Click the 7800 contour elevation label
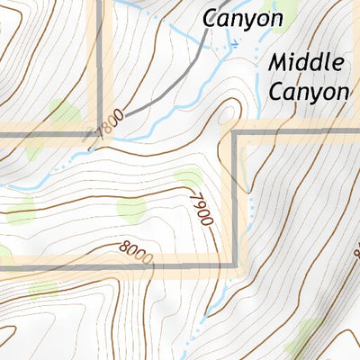pyautogui.click(x=108, y=123)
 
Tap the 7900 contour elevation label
pyautogui.click(x=199, y=207)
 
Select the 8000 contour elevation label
pyautogui.click(x=135, y=251)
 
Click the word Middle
pyautogui.click(x=306, y=63)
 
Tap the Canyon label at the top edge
pyautogui.click(x=242, y=17)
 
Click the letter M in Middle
pyautogui.click(x=278, y=63)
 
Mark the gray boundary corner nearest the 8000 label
pyautogui.click(x=238, y=265)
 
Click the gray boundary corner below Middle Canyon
pyautogui.click(x=238, y=135)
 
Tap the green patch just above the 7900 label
pyautogui.click(x=188, y=178)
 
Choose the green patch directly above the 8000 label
pyautogui.click(x=131, y=210)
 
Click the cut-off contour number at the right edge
pyautogui.click(x=355, y=255)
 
